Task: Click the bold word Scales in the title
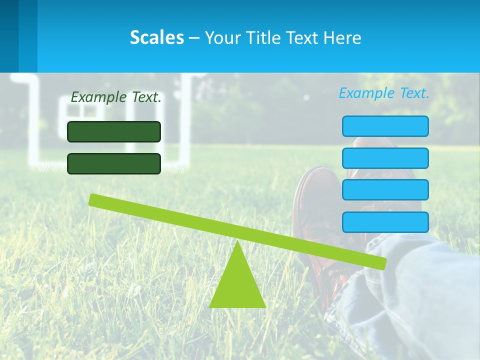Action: point(156,37)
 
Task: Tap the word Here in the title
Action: point(342,37)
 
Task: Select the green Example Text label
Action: point(116,97)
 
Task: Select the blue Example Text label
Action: point(384,93)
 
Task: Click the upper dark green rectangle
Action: point(114,131)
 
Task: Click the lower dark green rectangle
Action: point(114,163)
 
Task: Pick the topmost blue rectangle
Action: point(385,126)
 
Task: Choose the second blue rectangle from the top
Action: point(385,158)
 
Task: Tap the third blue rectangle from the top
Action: point(385,190)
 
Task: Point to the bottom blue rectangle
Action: point(385,222)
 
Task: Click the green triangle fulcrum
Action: point(237,285)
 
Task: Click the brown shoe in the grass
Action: point(312,200)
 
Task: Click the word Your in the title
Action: point(221,37)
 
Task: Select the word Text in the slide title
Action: point(301,37)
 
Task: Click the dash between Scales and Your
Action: point(194,38)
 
